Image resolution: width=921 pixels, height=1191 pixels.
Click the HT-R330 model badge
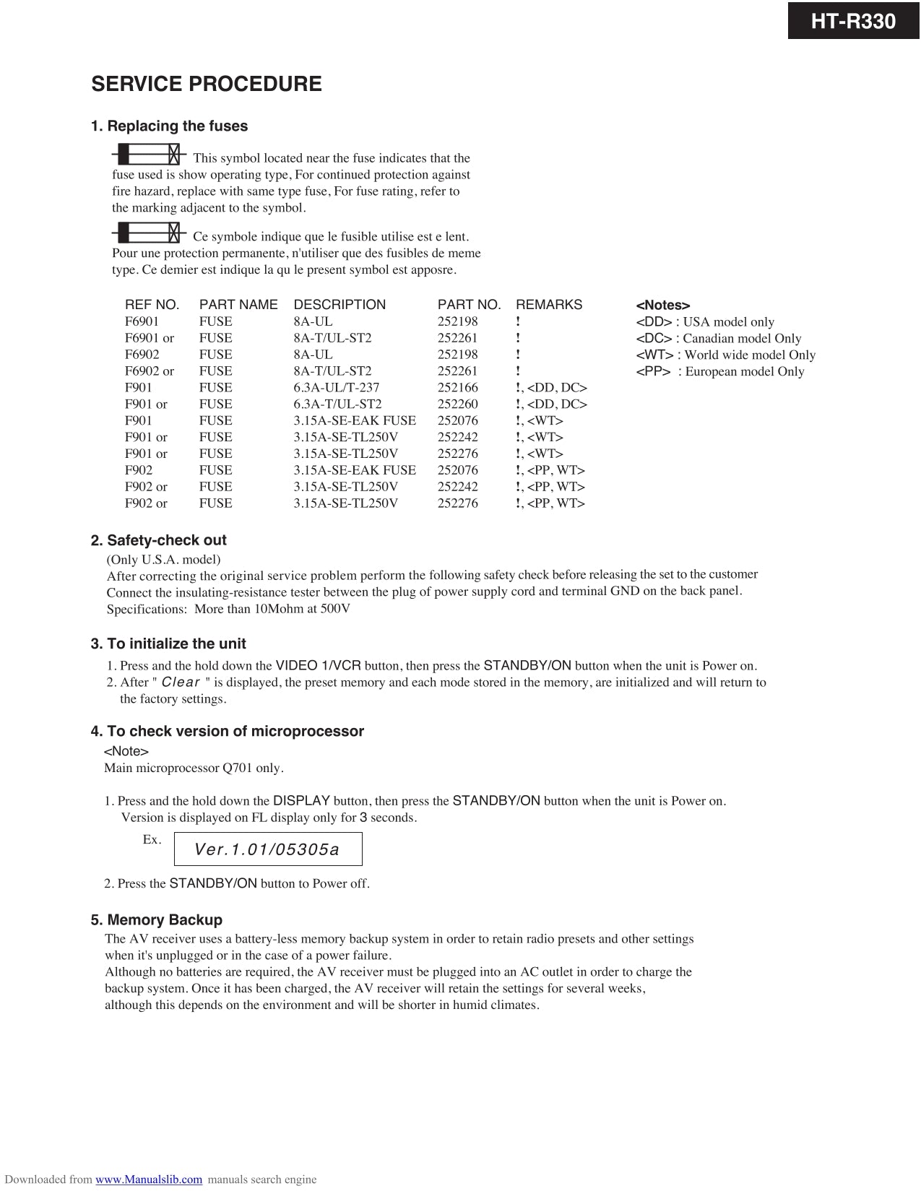click(x=853, y=21)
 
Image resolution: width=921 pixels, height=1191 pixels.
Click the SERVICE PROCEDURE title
click(x=207, y=84)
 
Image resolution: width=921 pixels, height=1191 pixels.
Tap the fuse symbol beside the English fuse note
click(x=150, y=154)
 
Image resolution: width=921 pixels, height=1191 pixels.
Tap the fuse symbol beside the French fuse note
click(x=150, y=233)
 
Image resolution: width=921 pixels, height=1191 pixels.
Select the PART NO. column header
click(x=469, y=305)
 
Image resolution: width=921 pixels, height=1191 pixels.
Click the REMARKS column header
click(x=548, y=305)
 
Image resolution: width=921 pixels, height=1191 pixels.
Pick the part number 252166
click(x=457, y=388)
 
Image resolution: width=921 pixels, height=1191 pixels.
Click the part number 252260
click(x=457, y=404)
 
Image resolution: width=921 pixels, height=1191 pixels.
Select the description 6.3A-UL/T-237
click(x=336, y=388)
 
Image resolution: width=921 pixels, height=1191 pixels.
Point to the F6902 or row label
click(x=150, y=371)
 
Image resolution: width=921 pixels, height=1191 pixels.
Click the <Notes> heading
click(x=662, y=306)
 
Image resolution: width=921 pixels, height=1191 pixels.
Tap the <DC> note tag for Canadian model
click(x=654, y=339)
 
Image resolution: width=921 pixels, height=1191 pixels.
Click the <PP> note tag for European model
click(x=653, y=372)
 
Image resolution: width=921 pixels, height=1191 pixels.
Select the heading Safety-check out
click(x=166, y=540)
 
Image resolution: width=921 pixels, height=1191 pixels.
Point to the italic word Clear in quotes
click(x=181, y=683)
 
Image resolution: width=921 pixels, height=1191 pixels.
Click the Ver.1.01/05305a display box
click(x=268, y=849)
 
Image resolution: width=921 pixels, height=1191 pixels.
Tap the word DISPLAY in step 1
click(x=301, y=800)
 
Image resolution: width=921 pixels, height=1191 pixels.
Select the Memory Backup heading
click(x=164, y=920)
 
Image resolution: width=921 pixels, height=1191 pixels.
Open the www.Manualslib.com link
click(x=149, y=1179)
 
